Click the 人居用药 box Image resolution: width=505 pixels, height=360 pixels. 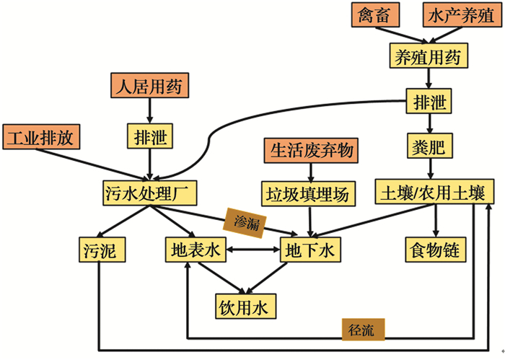[x=150, y=87]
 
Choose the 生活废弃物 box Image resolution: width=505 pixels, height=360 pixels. [x=312, y=150]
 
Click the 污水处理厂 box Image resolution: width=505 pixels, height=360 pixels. [x=150, y=193]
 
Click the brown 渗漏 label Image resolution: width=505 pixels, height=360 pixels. [x=247, y=220]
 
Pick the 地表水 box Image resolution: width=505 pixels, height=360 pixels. [x=195, y=250]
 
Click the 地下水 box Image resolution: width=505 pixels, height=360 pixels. [x=309, y=250]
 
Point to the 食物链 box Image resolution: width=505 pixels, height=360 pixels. [x=436, y=250]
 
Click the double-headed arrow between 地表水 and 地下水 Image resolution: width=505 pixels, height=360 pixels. [x=252, y=250]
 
